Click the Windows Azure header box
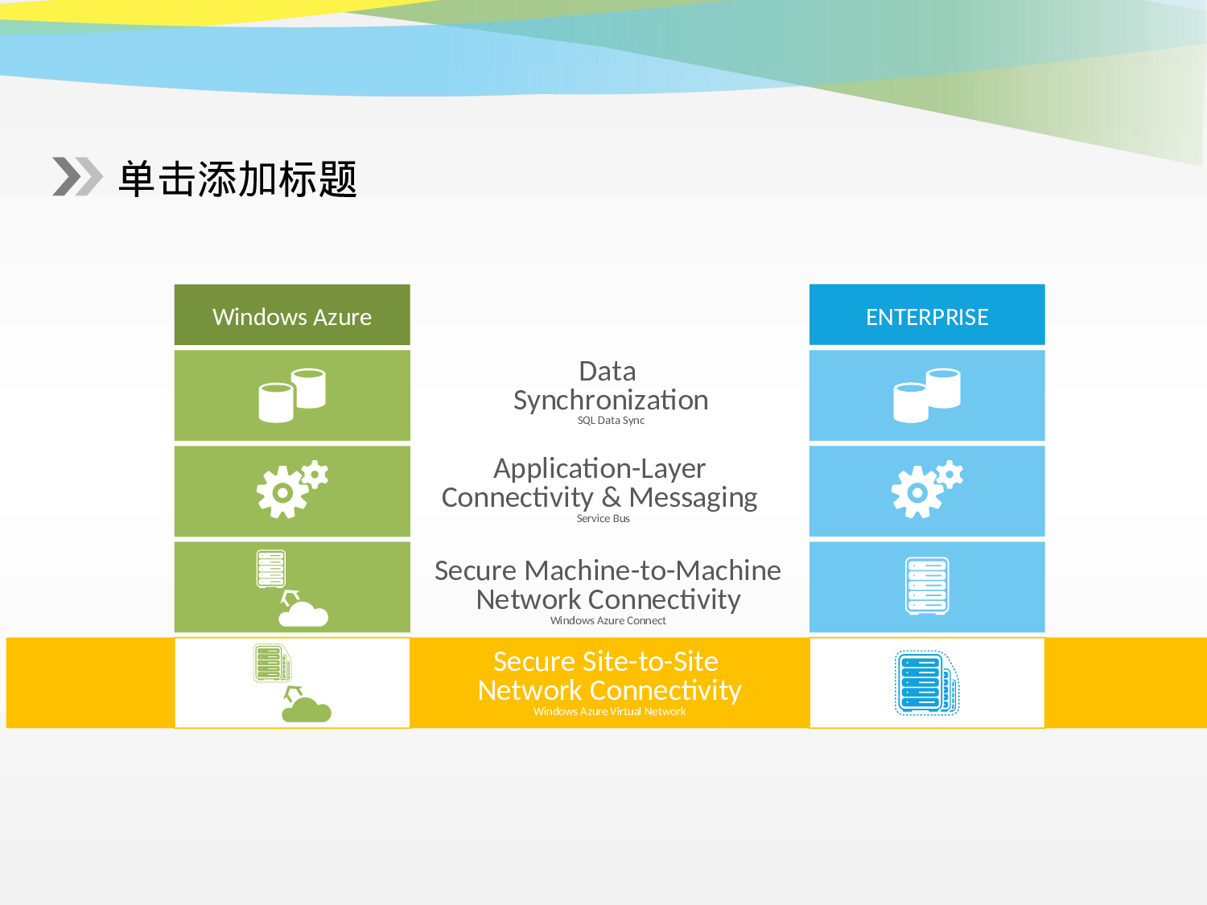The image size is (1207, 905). click(x=292, y=315)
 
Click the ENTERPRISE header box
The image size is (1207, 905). click(x=927, y=315)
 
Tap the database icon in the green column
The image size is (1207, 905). click(x=292, y=395)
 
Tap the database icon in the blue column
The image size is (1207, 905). click(x=927, y=395)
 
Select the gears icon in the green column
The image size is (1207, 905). click(x=291, y=489)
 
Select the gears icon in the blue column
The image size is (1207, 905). click(x=926, y=489)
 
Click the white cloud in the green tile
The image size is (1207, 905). click(x=303, y=614)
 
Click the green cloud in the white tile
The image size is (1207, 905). click(x=307, y=710)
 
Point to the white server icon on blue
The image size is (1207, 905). click(x=927, y=586)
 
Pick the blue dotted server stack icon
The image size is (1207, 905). click(x=926, y=683)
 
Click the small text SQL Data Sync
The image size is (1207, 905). click(x=611, y=420)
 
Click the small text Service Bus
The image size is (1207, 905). click(x=603, y=519)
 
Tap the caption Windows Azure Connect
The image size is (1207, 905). click(x=608, y=620)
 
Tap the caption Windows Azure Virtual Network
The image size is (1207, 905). click(x=609, y=711)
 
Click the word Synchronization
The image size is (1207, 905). click(x=611, y=400)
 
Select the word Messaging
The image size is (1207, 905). click(x=693, y=497)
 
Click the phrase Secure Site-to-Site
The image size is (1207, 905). click(x=605, y=661)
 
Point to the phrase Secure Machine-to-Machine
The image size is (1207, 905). click(x=608, y=570)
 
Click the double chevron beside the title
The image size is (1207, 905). click(x=77, y=176)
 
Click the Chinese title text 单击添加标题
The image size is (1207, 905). click(x=237, y=179)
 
